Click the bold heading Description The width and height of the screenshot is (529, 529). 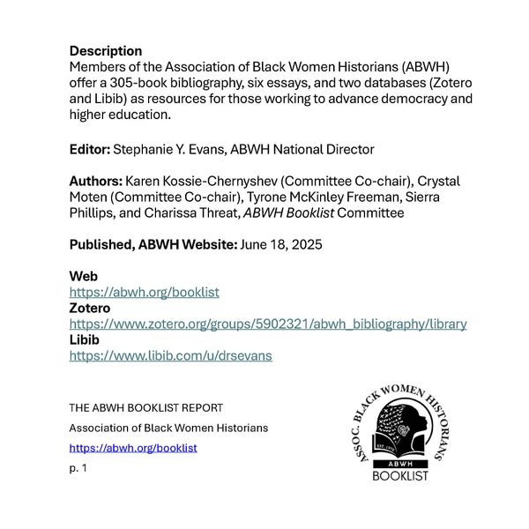click(106, 51)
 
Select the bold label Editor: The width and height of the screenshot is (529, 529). click(90, 149)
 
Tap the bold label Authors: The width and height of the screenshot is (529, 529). click(96, 182)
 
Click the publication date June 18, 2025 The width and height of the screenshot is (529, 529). click(282, 245)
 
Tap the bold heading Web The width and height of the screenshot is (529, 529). click(84, 277)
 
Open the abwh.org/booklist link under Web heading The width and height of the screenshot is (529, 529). click(144, 292)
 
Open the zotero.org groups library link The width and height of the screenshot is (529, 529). click(268, 324)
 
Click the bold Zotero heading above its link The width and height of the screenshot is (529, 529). click(90, 308)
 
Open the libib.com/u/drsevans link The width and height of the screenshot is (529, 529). click(170, 355)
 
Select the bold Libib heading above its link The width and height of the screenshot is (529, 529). click(85, 339)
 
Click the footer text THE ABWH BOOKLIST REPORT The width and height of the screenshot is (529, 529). click(146, 408)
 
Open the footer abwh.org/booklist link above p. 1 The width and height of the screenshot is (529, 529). click(133, 448)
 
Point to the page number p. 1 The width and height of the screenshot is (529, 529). click(78, 467)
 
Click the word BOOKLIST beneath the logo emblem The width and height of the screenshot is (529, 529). click(400, 476)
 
